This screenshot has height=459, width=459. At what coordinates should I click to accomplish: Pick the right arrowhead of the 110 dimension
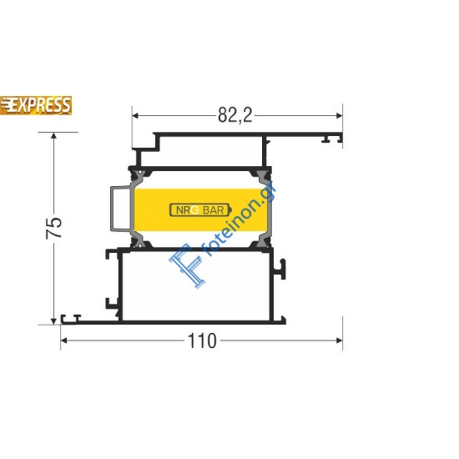338,340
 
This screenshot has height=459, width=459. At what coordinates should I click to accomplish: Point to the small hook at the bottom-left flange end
75,318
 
